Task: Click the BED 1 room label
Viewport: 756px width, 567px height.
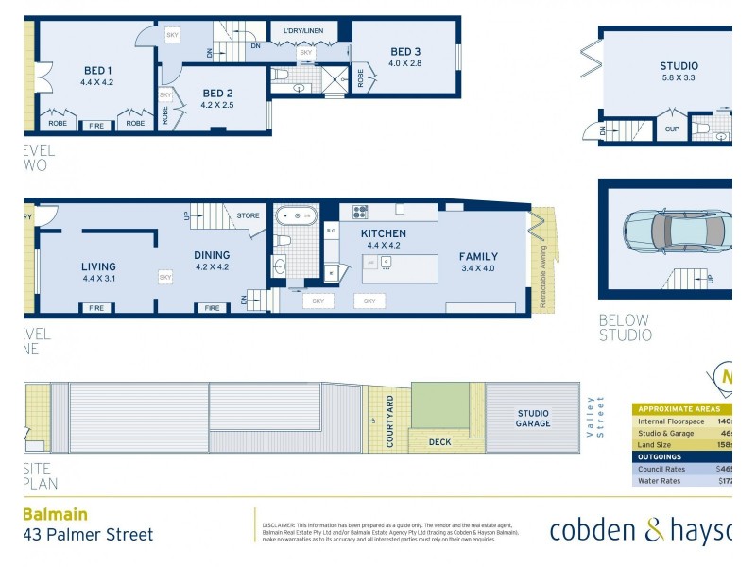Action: coord(97,70)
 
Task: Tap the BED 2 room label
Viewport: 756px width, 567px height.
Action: coord(217,93)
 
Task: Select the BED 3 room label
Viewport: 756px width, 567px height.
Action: coord(404,52)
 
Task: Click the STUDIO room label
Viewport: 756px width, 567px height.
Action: coord(679,66)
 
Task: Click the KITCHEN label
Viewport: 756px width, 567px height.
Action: coord(383,233)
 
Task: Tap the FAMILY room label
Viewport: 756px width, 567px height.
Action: coord(478,256)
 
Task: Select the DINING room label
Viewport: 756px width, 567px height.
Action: coord(212,255)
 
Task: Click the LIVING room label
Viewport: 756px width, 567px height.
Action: coord(98,266)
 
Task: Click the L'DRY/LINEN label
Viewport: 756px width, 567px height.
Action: coord(302,32)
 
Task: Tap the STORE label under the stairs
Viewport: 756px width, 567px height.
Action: coord(248,215)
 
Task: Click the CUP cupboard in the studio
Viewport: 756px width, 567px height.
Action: coord(672,129)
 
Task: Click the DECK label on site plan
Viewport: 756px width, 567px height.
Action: coord(440,441)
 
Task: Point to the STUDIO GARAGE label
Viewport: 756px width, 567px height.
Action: coord(532,419)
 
